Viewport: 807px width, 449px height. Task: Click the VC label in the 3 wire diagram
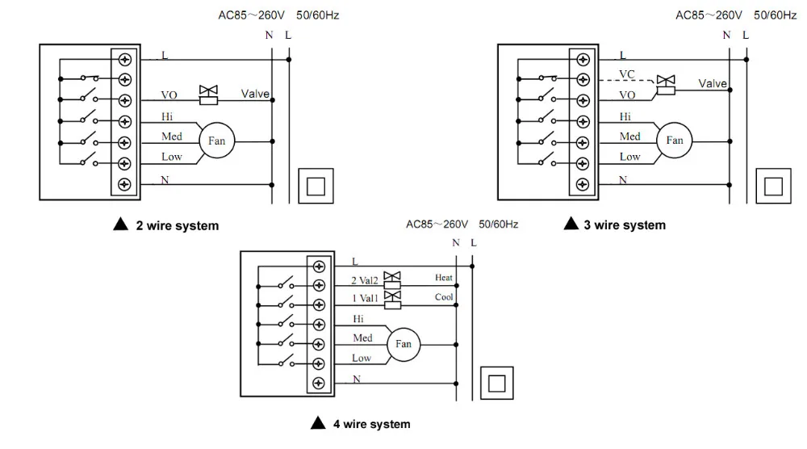(627, 74)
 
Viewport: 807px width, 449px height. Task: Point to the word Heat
(444, 278)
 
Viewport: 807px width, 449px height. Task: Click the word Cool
(444, 297)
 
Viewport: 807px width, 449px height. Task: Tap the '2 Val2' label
(365, 281)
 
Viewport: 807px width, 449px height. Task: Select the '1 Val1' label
(365, 298)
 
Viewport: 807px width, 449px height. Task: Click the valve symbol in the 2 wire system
(208, 95)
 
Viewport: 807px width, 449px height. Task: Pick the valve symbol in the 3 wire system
(666, 85)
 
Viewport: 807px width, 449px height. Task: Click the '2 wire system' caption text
(178, 225)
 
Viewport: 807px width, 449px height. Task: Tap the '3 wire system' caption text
(625, 225)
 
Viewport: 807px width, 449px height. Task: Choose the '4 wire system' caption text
(371, 424)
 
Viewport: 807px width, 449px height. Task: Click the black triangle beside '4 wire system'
(318, 423)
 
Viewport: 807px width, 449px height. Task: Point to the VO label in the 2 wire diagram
(169, 95)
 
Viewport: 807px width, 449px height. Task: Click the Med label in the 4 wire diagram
(362, 338)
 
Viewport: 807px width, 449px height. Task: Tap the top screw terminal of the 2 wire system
(124, 59)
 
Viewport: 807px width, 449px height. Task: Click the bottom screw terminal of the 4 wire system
(319, 383)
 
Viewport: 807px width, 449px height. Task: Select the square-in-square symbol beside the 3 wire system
(773, 186)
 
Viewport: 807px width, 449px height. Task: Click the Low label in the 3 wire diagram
(629, 157)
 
